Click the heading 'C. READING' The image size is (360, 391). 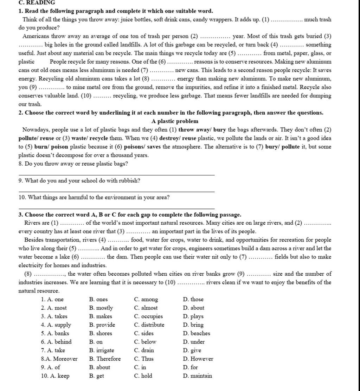pos(37,2)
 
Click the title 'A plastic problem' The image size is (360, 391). pos(175,121)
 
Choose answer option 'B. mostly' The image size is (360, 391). pos(101,308)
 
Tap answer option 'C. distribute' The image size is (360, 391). pos(149,325)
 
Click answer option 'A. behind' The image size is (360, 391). pos(56,342)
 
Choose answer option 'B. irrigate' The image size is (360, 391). pos(102,350)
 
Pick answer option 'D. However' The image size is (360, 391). pos(198,359)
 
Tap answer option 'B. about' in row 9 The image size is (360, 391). pos(99,367)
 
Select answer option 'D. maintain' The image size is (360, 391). pos(197,376)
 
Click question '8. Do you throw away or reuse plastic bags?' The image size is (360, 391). pos(73,164)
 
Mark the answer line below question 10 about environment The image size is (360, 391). pos(116,209)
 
